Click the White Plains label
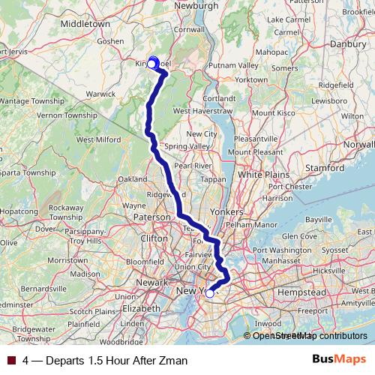tap(260, 175)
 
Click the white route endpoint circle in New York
tap(210, 294)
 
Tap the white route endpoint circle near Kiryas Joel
tap(151, 64)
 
